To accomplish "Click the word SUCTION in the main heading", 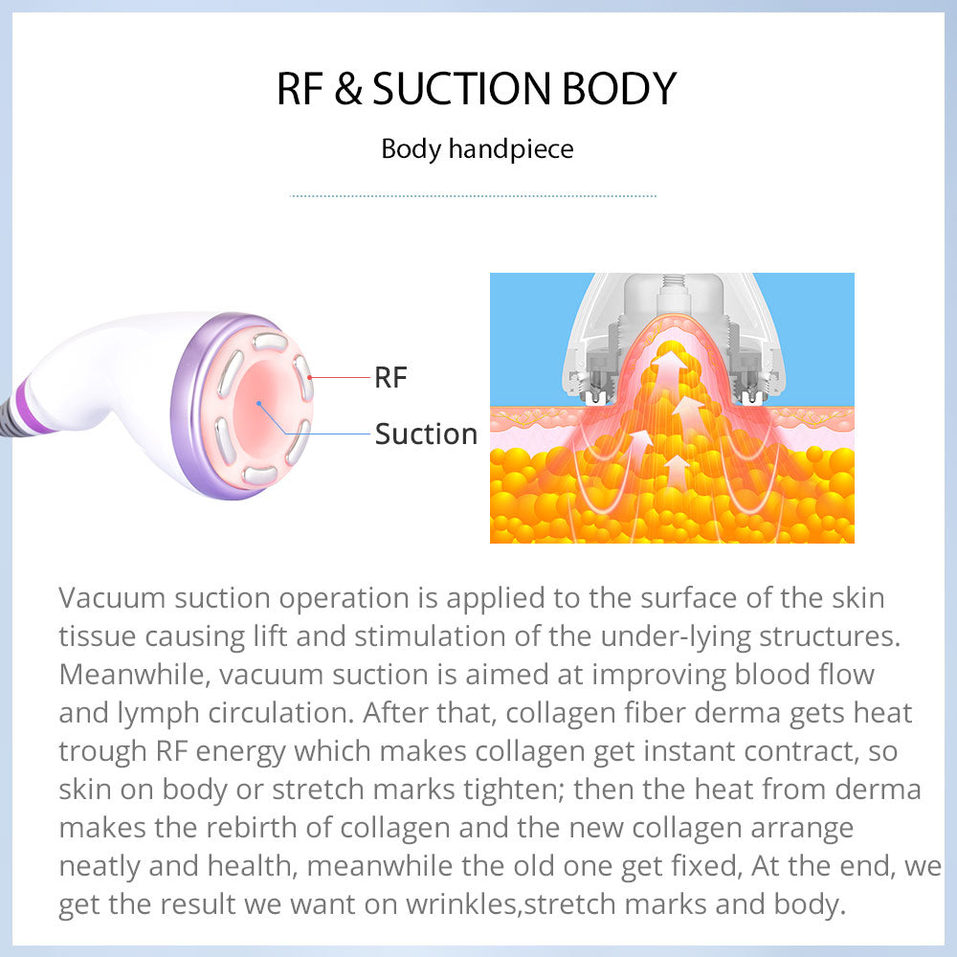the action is coord(461,89).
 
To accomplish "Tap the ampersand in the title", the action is coord(348,89).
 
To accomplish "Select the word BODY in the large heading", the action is coord(619,89).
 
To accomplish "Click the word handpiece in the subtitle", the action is coord(511,149).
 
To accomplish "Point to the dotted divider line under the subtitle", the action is coord(473,196).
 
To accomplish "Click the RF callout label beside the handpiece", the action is coord(390,378).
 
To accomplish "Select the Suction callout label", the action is coord(426,434).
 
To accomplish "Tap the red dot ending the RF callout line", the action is coord(310,378).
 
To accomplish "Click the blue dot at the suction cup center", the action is coord(258,404).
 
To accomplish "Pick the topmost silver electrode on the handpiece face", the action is coord(271,342).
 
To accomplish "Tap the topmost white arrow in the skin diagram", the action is coord(669,365).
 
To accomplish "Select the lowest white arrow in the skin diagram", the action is coord(677,471).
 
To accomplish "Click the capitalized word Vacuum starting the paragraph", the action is coord(112,598).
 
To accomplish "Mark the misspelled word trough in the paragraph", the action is coord(102,752).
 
